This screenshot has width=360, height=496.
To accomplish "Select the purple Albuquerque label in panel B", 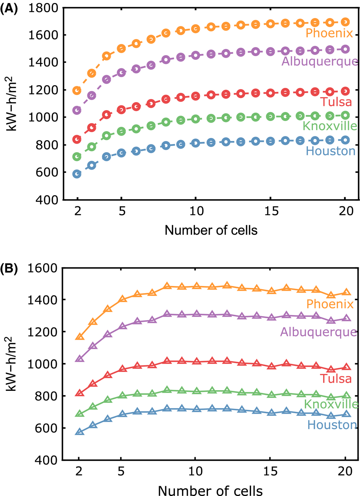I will tap(318, 332).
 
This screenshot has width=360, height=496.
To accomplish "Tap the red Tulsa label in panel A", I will tap(336, 102).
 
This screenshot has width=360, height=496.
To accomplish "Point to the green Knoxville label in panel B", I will tap(331, 404).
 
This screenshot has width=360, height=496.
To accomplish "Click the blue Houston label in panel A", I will tap(331, 151).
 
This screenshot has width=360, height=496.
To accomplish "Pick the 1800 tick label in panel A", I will tap(43, 8).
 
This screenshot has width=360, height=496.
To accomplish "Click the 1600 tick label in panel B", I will tap(43, 268).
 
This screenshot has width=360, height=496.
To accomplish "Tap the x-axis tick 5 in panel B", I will tap(121, 471).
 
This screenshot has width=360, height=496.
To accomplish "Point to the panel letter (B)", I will tap(9, 269).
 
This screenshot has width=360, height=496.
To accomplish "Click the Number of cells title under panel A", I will tap(211, 230).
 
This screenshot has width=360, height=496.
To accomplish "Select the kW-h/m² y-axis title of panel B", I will tap(12, 363).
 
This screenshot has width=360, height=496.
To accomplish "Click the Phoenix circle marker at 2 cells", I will tap(77, 90).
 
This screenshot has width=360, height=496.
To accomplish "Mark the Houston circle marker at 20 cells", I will tap(345, 140).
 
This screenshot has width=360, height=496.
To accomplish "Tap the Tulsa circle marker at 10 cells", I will tap(196, 96).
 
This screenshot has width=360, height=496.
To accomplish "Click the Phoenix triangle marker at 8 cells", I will tap(167, 286).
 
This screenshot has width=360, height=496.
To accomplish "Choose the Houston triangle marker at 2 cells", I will tap(80, 432).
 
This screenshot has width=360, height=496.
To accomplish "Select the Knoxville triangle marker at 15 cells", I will tap(270, 395).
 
